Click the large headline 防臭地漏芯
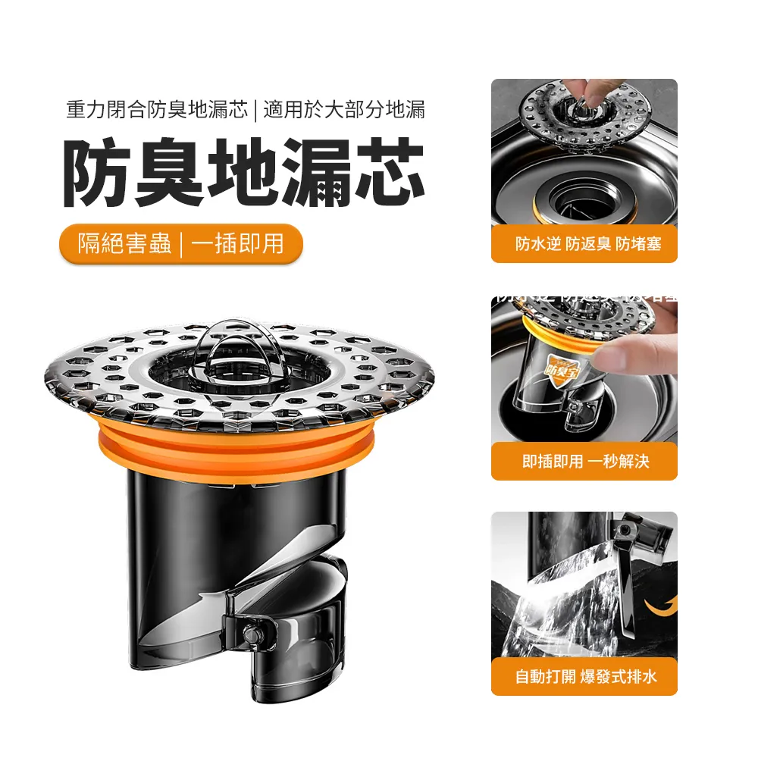pos(243,174)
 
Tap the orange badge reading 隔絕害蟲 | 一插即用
pos(181,243)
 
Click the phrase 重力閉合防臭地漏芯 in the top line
pos(157,110)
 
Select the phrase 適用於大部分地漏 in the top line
pos(344,110)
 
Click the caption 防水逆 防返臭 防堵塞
pos(584,244)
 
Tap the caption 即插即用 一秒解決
pos(584,461)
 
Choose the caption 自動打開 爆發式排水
pos(584,677)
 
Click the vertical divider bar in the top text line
pos(256,110)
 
